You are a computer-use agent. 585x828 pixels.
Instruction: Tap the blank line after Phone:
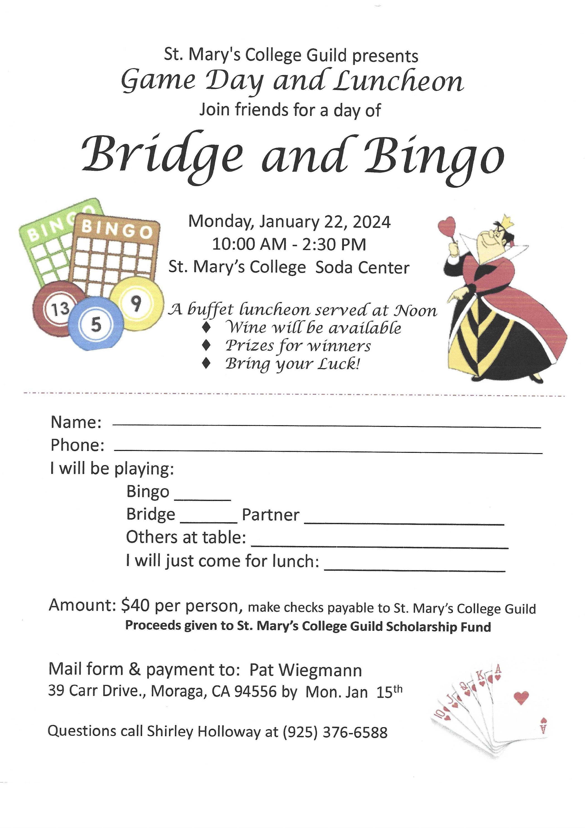coord(328,451)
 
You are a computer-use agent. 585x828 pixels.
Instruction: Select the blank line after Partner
coord(404,522)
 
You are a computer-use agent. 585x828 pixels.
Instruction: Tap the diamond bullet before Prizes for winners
coord(206,345)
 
